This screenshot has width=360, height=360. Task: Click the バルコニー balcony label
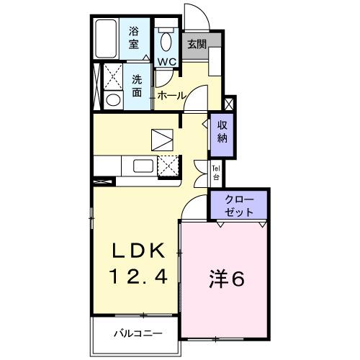[x=137, y=334]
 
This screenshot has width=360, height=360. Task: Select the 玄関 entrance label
[x=197, y=45]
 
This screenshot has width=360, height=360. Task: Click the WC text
[x=167, y=61]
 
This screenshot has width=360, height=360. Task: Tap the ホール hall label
[x=171, y=95]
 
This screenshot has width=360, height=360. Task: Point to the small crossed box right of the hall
[x=229, y=102]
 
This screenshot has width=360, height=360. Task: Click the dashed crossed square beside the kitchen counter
[x=168, y=166]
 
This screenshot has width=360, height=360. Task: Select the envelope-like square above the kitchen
[x=163, y=138]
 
